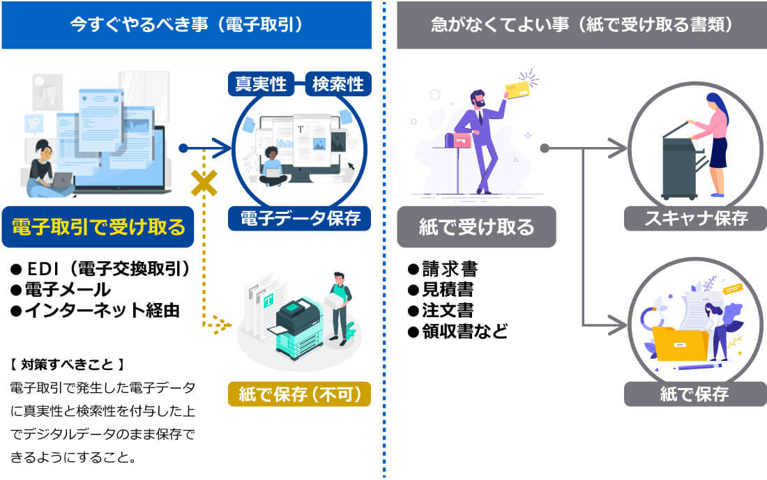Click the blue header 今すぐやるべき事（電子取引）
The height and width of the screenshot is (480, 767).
click(x=186, y=25)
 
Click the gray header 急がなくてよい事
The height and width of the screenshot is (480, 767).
click(x=582, y=25)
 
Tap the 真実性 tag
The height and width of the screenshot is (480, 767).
click(x=261, y=84)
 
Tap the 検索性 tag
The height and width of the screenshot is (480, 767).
click(x=338, y=84)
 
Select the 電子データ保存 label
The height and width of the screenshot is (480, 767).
click(x=300, y=219)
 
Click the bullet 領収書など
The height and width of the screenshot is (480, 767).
click(x=457, y=330)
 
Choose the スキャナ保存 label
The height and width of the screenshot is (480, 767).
click(x=695, y=219)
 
